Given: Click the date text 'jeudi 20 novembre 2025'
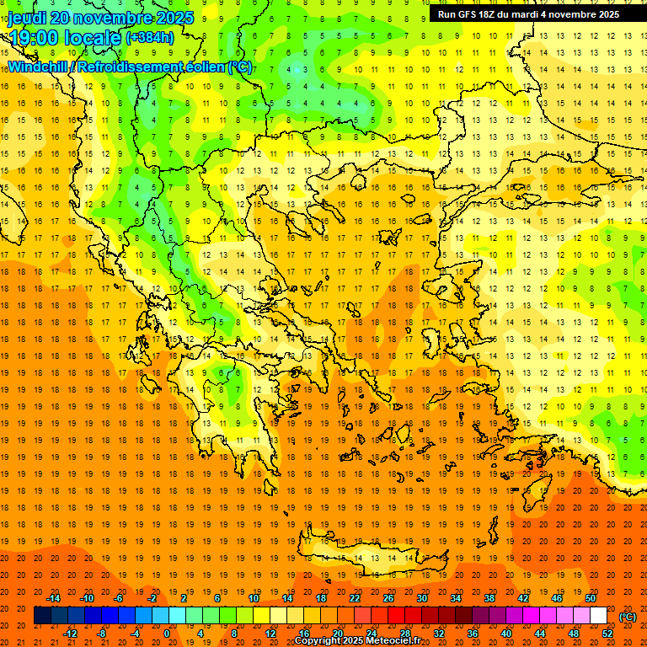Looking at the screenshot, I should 100,18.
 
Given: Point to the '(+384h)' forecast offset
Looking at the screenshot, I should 150,38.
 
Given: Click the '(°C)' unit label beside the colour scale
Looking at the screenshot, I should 628,617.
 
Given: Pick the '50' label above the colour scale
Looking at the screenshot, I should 591,598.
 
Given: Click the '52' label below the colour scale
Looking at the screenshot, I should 607,633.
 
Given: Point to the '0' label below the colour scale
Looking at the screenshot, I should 166,633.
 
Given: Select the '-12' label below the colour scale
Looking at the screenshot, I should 70,633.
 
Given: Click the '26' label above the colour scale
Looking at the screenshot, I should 388,598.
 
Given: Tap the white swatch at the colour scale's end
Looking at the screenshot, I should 598,616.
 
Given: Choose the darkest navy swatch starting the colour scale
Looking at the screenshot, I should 42,616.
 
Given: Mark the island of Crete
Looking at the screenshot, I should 371,557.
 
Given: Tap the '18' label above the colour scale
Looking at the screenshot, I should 321,598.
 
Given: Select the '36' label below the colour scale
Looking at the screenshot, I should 473,633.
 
